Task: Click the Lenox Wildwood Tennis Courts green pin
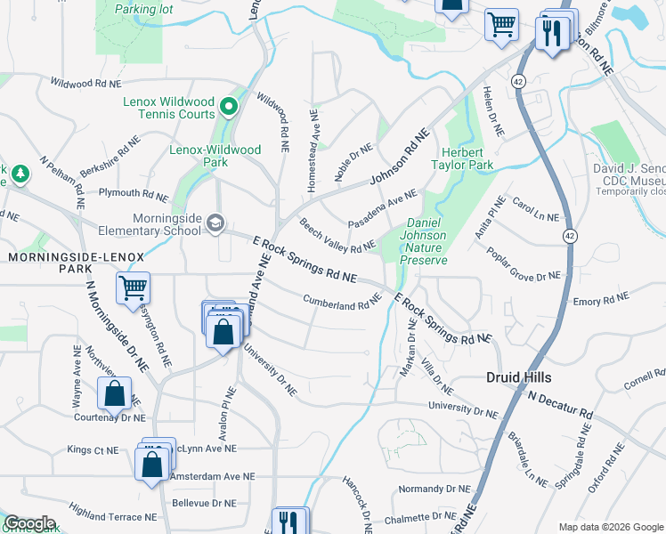pos(229,109)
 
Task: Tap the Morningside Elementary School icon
pos(214,222)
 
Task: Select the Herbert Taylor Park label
pos(462,158)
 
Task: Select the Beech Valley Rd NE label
pos(337,236)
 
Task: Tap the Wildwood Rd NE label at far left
pos(85,83)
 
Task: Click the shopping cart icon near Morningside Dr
pos(133,287)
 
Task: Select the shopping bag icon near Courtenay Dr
pos(114,392)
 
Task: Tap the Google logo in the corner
pos(29,523)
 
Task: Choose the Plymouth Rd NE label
pos(133,193)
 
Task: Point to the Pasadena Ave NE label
pos(382,206)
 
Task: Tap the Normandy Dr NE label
pos(434,489)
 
